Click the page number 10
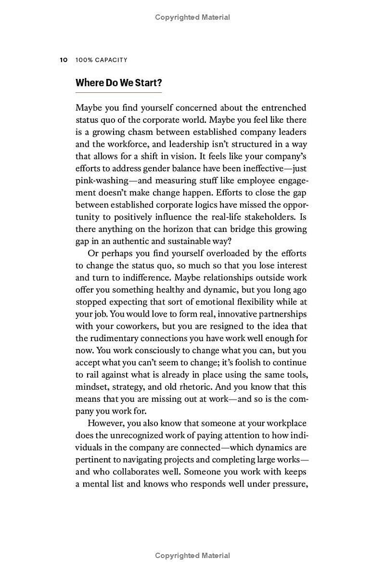[x=63, y=60]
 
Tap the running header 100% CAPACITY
[x=102, y=60]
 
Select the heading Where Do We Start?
[x=118, y=82]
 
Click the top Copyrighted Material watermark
[x=192, y=17]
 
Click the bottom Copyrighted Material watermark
[x=192, y=556]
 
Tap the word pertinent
[x=94, y=459]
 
